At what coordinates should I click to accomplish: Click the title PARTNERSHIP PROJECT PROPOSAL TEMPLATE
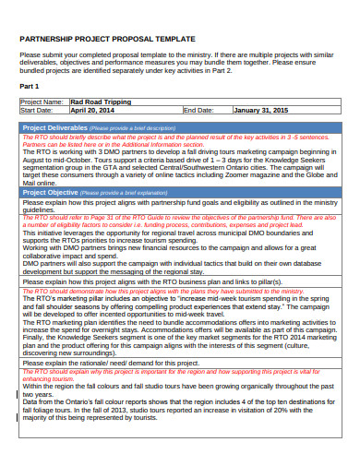(107, 40)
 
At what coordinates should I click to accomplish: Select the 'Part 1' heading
(30, 85)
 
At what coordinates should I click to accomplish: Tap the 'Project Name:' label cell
(42, 102)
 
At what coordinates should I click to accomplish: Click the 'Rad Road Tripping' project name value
(101, 102)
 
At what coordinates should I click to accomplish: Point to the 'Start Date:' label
(38, 110)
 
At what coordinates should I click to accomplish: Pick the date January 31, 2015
(261, 110)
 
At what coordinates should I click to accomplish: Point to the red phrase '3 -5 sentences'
(311, 136)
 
